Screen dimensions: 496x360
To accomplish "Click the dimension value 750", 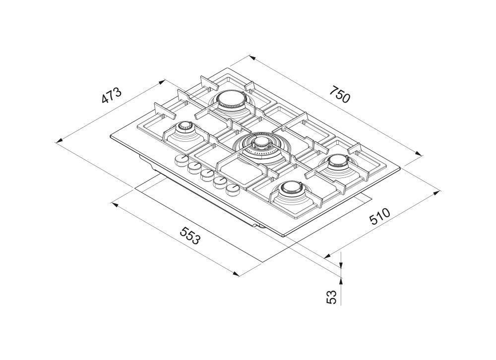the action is click(340, 94).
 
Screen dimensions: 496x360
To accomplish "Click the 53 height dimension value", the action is click(331, 297).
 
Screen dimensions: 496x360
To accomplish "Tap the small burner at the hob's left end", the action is click(184, 128).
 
